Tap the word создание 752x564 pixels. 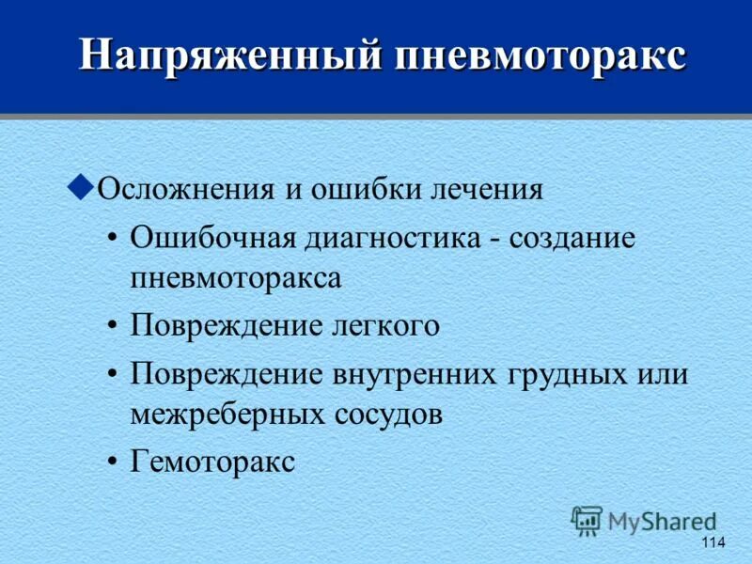click(573, 237)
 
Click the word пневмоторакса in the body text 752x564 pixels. click(235, 278)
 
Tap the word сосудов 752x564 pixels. click(390, 415)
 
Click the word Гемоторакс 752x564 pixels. click(212, 462)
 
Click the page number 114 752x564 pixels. click(713, 543)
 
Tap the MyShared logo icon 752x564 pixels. click(587, 520)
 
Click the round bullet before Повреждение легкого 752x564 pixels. click(113, 325)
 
